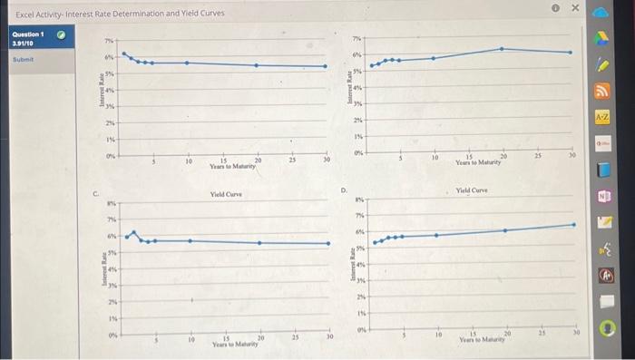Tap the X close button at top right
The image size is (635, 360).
pos(574,8)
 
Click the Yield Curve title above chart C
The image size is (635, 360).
pos(223,194)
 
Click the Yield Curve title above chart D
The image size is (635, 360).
pos(472,190)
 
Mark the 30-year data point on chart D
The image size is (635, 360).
pos(572,224)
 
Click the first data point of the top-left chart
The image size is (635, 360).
pos(124,54)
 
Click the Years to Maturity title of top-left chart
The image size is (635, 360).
pos(233,166)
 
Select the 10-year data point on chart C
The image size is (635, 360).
pos(189,240)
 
